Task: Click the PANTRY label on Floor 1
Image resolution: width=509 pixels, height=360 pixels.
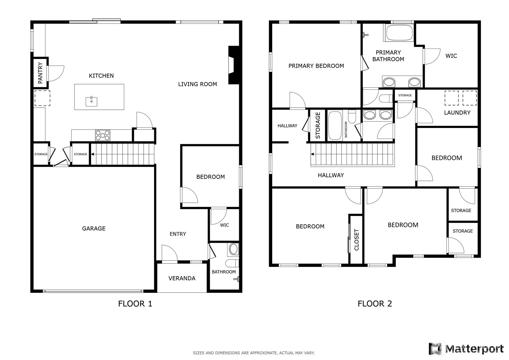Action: tap(40, 73)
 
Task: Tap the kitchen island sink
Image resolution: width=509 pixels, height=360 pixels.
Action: tap(91, 101)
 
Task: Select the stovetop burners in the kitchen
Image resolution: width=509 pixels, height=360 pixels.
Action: tap(103, 135)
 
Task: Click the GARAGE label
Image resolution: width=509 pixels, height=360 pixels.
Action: tap(94, 228)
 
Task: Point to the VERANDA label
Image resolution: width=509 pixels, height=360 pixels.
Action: tap(182, 278)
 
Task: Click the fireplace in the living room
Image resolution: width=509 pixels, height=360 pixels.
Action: tap(234, 65)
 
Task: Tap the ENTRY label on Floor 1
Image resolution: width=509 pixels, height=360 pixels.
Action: tap(178, 234)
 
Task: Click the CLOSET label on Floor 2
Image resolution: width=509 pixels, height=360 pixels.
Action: tap(356, 240)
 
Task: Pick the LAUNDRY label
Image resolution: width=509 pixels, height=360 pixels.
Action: tap(457, 113)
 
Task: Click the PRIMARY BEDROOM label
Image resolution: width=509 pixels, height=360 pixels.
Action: tap(316, 66)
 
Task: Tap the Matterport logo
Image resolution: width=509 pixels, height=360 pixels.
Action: tap(466, 348)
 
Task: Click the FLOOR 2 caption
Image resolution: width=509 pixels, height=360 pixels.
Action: tap(375, 304)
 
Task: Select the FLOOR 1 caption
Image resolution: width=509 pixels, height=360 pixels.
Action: tap(135, 304)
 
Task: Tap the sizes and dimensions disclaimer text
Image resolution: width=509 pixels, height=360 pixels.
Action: tap(254, 353)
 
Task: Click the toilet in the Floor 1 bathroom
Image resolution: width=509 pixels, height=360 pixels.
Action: tap(232, 263)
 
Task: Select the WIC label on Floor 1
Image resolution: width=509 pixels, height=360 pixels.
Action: tap(224, 225)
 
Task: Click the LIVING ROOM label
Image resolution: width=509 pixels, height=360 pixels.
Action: tap(197, 84)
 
